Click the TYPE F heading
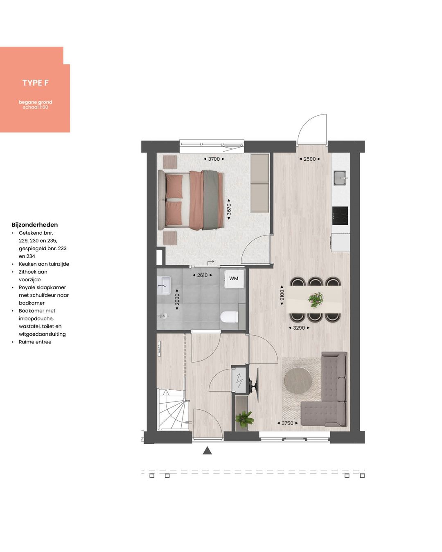pyautogui.click(x=35, y=83)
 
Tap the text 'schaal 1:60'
pyautogui.click(x=36, y=107)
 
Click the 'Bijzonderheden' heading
pyautogui.click(x=34, y=224)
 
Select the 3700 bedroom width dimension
pyautogui.click(x=214, y=159)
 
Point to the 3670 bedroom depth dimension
pyautogui.click(x=229, y=209)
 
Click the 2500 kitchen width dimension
pyautogui.click(x=309, y=159)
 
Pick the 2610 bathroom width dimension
pyautogui.click(x=202, y=275)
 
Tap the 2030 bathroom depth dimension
pyautogui.click(x=177, y=299)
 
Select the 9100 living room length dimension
pyautogui.click(x=282, y=295)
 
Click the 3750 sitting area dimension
pyautogui.click(x=287, y=423)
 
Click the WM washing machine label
pyautogui.click(x=234, y=278)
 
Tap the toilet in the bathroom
pyautogui.click(x=229, y=316)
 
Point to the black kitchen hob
pyautogui.click(x=340, y=215)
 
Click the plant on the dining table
pyautogui.click(x=315, y=299)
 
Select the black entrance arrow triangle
pyautogui.click(x=207, y=451)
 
